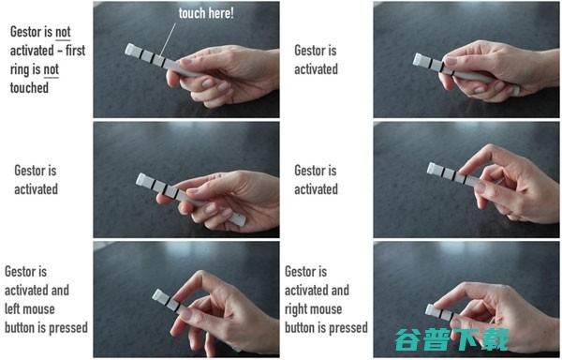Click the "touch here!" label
point(206,13)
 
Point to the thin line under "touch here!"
point(168,40)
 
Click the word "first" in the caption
point(75,51)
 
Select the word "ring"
point(22,69)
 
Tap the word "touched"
point(29,88)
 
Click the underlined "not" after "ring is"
point(51,69)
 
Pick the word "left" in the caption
point(11,308)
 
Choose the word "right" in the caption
point(297,309)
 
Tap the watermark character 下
point(465,339)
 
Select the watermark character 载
point(495,339)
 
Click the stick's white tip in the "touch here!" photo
point(130,50)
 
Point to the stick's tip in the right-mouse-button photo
point(431,310)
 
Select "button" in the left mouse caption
point(20,327)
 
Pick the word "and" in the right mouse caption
point(340,290)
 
